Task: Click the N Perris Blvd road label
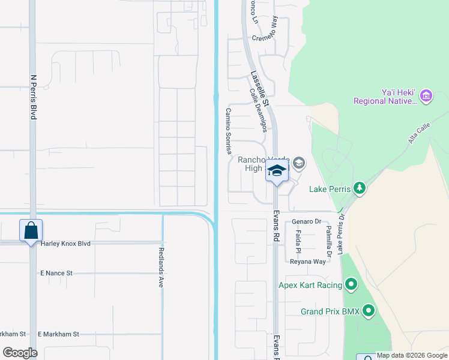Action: pyautogui.click(x=34, y=97)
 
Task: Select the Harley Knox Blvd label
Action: pyautogui.click(x=65, y=244)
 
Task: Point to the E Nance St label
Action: pyautogui.click(x=56, y=273)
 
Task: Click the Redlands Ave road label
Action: pyautogui.click(x=161, y=267)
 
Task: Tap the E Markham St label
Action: pyautogui.click(x=58, y=334)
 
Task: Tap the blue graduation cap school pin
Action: pyautogui.click(x=277, y=172)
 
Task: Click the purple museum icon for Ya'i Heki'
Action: pyautogui.click(x=426, y=95)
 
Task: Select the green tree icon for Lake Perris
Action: pyautogui.click(x=359, y=188)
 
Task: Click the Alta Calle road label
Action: pyautogui.click(x=420, y=137)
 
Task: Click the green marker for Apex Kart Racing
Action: pyautogui.click(x=351, y=285)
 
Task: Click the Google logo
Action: pyautogui.click(x=20, y=352)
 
